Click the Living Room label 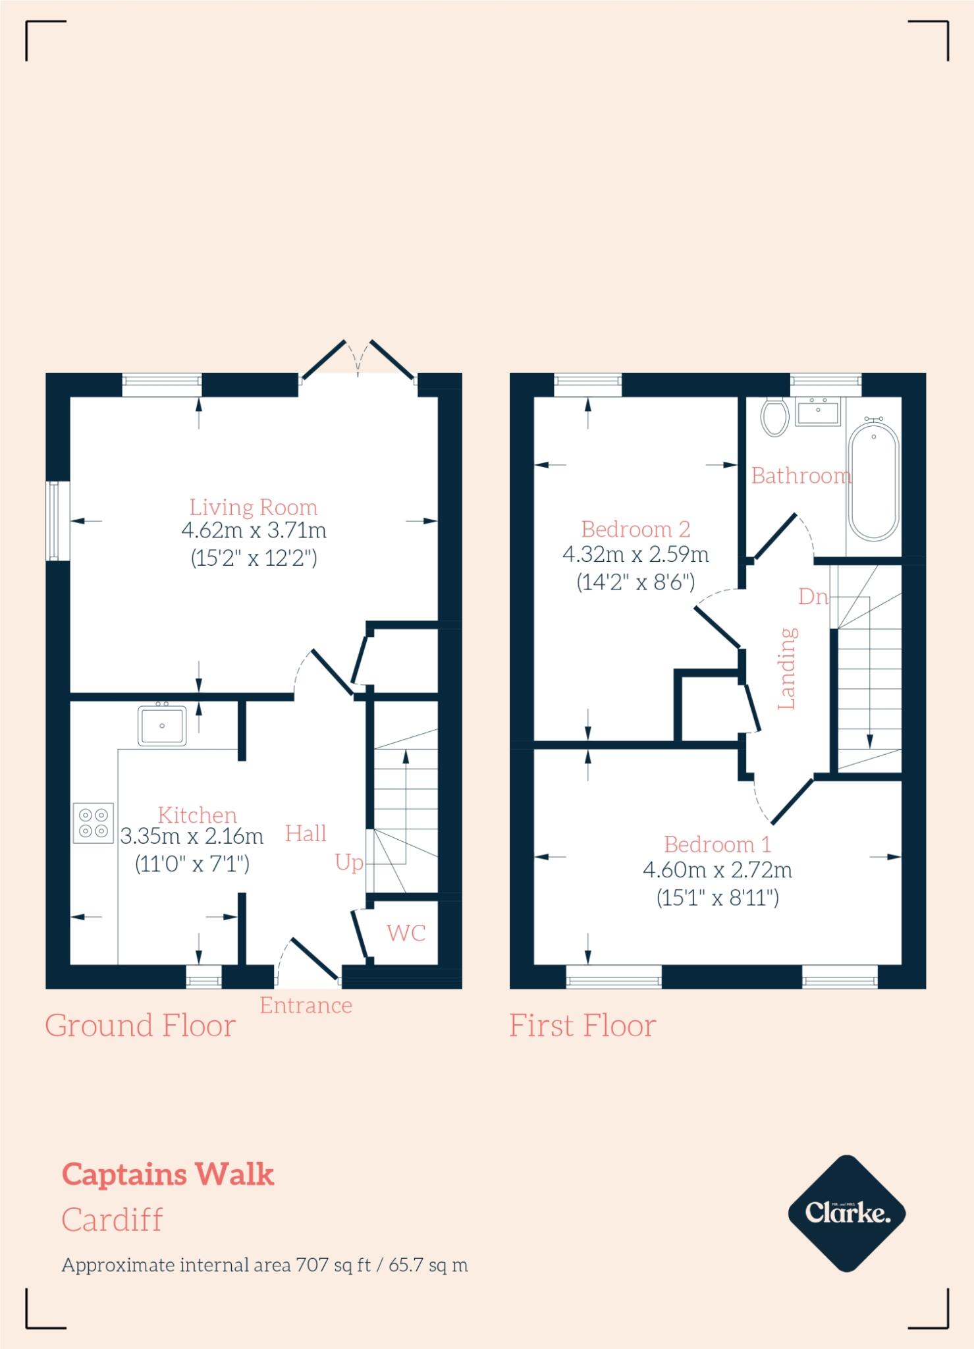tap(254, 507)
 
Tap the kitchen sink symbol tap(162, 725)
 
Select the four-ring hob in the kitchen tap(94, 823)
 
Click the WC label tap(406, 933)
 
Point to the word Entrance tap(306, 1005)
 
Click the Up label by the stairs tap(348, 862)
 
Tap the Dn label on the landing tap(813, 597)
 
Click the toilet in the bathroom tap(774, 416)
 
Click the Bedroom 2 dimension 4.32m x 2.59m tap(636, 555)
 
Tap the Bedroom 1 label tap(717, 844)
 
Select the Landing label tap(788, 668)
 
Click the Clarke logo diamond tap(847, 1213)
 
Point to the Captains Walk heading tap(168, 1174)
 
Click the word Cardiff tap(112, 1219)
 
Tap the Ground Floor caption tap(140, 1026)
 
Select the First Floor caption tap(583, 1026)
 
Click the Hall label tap(306, 834)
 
